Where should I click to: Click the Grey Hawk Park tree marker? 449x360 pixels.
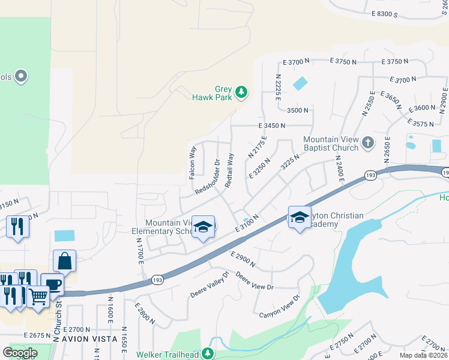click(x=241, y=92)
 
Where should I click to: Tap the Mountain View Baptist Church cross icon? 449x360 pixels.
click(x=369, y=143)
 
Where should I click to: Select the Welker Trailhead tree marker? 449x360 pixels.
click(x=208, y=353)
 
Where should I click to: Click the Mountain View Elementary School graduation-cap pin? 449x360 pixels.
click(x=203, y=227)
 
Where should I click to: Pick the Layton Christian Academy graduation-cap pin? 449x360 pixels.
click(x=300, y=217)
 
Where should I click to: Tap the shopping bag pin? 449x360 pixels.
click(x=64, y=261)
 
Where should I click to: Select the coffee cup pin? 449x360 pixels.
click(x=52, y=284)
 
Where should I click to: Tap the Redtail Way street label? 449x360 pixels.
click(x=229, y=170)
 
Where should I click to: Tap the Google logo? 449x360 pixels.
click(x=20, y=352)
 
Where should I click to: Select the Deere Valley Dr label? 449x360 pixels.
click(x=210, y=285)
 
